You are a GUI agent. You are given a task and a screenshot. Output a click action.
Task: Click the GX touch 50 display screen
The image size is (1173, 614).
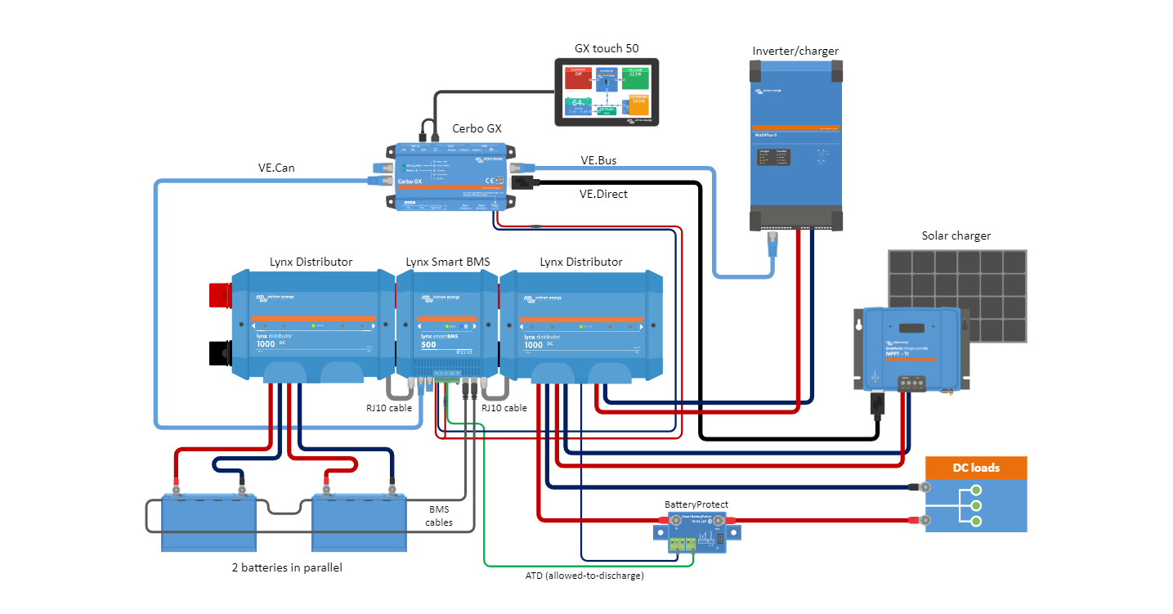[x=606, y=92]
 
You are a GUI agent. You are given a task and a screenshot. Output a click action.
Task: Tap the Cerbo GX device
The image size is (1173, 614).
[x=451, y=176]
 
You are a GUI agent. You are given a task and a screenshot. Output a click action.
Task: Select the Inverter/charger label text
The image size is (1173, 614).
[x=795, y=52]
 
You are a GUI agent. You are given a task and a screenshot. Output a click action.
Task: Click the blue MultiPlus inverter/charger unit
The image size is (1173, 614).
[x=795, y=147]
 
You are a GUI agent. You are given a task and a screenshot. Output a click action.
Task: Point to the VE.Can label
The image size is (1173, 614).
[x=276, y=168]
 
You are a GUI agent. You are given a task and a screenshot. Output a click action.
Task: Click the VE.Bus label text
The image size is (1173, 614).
[x=598, y=161]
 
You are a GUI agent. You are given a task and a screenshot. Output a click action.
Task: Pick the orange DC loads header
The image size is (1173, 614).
[x=975, y=468]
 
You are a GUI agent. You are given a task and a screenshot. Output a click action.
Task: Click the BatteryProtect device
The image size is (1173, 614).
[x=696, y=534]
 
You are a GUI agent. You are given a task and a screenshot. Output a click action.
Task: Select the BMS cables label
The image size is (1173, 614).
[x=439, y=516]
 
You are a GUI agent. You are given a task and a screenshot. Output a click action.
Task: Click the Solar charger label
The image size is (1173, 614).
[x=956, y=236]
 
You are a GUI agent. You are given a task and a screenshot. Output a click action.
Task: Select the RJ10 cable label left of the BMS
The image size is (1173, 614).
[x=388, y=408]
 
